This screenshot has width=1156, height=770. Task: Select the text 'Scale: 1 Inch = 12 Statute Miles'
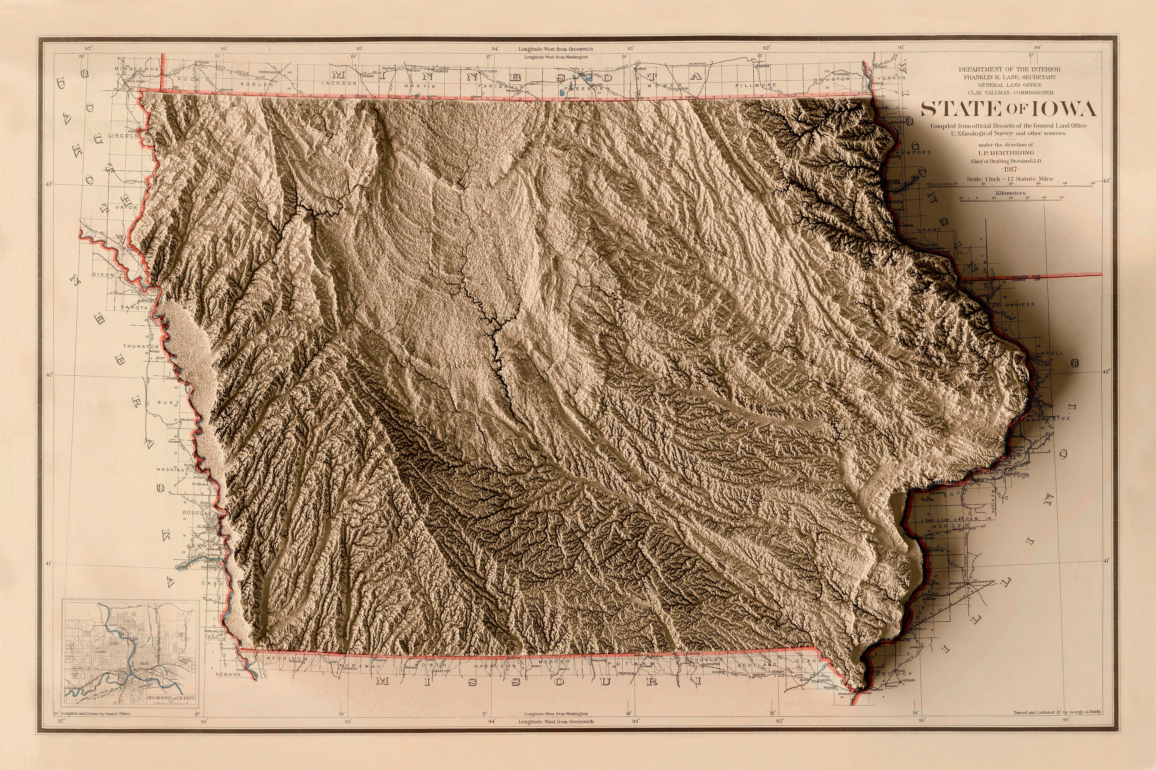[1010, 179]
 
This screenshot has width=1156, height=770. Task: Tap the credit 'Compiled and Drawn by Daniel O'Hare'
[95, 713]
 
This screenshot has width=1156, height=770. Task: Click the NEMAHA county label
[228, 675]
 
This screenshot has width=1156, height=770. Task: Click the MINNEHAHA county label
[137, 69]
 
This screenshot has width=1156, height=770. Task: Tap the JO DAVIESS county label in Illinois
[1016, 304]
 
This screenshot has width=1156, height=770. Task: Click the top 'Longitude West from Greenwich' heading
[556, 49]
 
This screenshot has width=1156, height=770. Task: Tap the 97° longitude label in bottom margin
[61, 721]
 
